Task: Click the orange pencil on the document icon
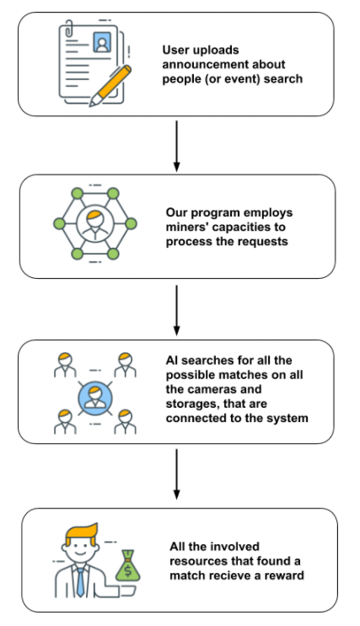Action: pos(110,86)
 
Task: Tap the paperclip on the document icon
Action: pos(69,28)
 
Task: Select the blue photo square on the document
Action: pos(102,42)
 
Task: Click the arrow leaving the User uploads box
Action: pos(176,146)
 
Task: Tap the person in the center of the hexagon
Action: pos(95,223)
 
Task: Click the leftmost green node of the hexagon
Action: pos(60,223)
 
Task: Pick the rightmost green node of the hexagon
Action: pos(131,223)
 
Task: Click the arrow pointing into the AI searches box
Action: pos(176,310)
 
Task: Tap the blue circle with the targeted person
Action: pos(95,398)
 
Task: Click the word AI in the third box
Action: pos(172,361)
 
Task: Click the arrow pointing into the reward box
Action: pos(176,474)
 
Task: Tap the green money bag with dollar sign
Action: pos(128,566)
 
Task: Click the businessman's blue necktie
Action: pos(80,581)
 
